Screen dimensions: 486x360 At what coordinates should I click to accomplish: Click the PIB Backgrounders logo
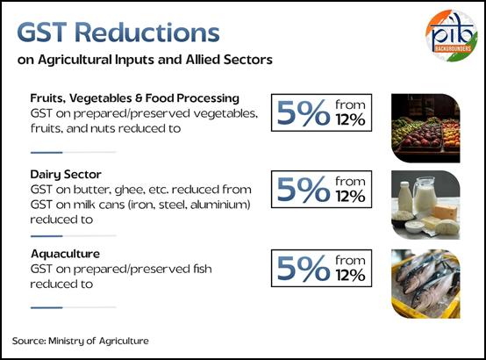click(451, 35)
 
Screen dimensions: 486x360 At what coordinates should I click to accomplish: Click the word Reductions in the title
click(147, 32)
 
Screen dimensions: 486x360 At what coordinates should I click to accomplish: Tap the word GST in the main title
click(42, 32)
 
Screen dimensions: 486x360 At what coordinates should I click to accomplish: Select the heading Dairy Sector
click(66, 175)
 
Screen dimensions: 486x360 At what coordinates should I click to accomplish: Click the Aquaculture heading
click(66, 254)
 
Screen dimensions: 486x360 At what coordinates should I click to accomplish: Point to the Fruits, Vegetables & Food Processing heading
click(135, 98)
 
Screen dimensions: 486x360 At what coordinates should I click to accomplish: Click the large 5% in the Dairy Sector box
click(304, 190)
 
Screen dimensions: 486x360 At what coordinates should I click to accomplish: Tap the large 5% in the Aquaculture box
click(304, 269)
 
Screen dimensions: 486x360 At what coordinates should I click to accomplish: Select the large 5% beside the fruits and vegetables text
click(304, 112)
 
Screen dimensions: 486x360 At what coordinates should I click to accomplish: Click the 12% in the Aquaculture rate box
click(350, 276)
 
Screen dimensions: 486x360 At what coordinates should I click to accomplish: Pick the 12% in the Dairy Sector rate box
click(350, 196)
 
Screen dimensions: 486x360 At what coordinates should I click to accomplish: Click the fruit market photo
click(425, 128)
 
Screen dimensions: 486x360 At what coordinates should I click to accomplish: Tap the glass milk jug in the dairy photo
click(425, 194)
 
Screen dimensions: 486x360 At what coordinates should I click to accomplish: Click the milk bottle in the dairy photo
click(405, 197)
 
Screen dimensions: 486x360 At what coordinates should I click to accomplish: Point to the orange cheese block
click(446, 212)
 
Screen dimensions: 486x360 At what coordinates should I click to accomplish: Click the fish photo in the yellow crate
click(425, 284)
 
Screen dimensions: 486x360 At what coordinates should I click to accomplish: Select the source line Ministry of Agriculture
click(81, 341)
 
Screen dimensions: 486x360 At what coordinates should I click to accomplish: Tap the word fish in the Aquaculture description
click(202, 269)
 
